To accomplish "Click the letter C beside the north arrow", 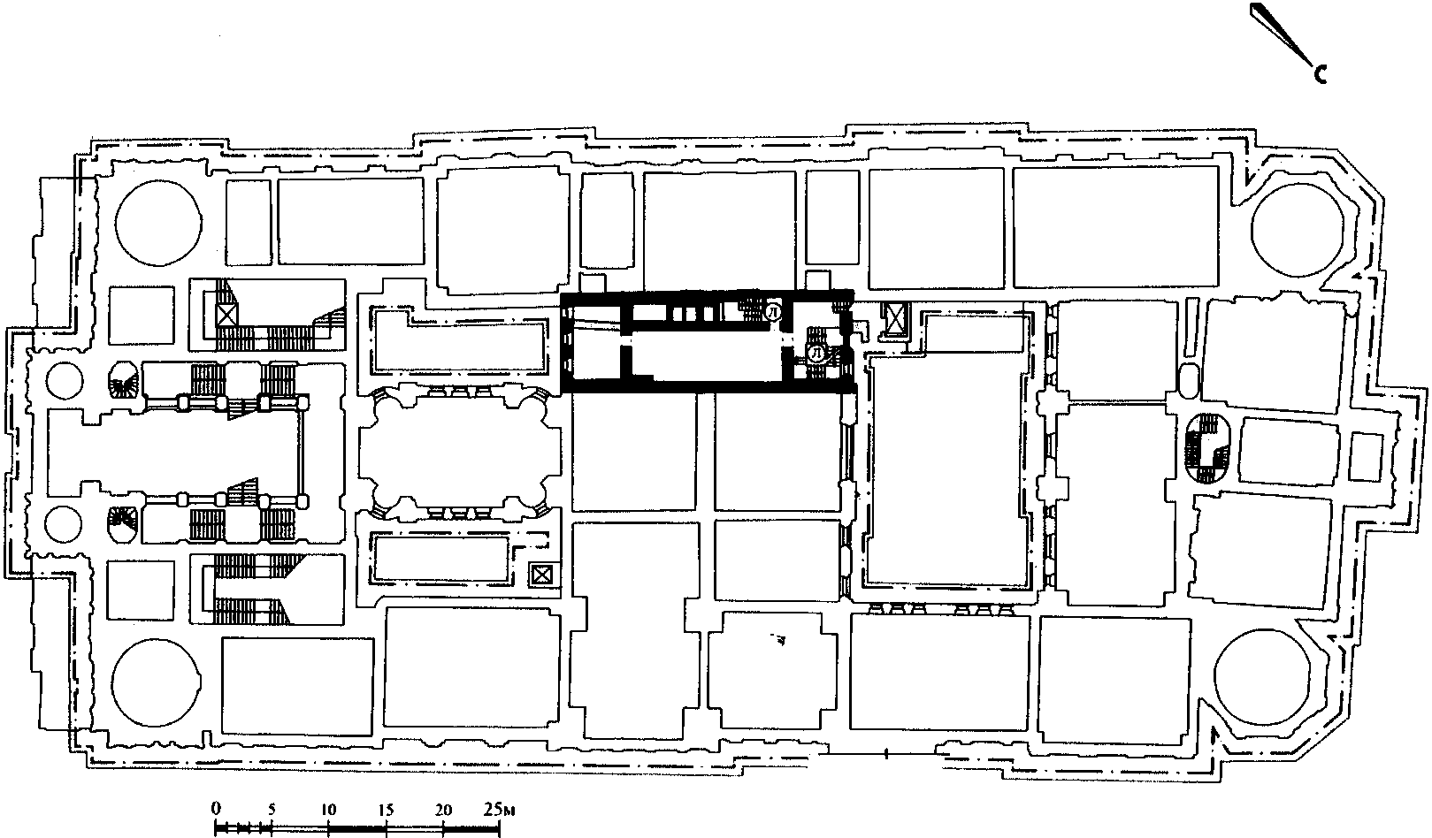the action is pos(1321,75).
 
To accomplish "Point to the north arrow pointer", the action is pos(1282,34).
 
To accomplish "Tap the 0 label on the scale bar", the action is pos(216,809).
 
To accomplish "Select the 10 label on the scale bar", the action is pos(328,810).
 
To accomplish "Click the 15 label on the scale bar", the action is pos(386,810).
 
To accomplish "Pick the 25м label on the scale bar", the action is pos(499,810).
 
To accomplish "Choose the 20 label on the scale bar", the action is pos(443,810).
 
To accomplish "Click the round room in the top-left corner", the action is pos(158,223).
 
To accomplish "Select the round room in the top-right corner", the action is pos(1297,231).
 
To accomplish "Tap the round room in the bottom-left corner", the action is pos(157,682).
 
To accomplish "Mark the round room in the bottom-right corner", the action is pos(1260,679).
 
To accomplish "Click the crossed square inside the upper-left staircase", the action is pos(227,315).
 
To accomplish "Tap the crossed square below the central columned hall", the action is pos(541,575).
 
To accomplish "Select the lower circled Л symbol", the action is pos(816,354).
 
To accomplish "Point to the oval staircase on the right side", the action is pos(1206,448).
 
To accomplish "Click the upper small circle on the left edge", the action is pos(65,381).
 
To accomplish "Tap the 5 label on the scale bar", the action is pos(272,810).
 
